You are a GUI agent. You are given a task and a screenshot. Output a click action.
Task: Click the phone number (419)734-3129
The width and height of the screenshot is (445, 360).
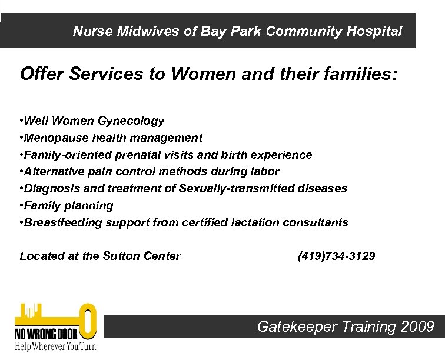coord(336,256)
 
